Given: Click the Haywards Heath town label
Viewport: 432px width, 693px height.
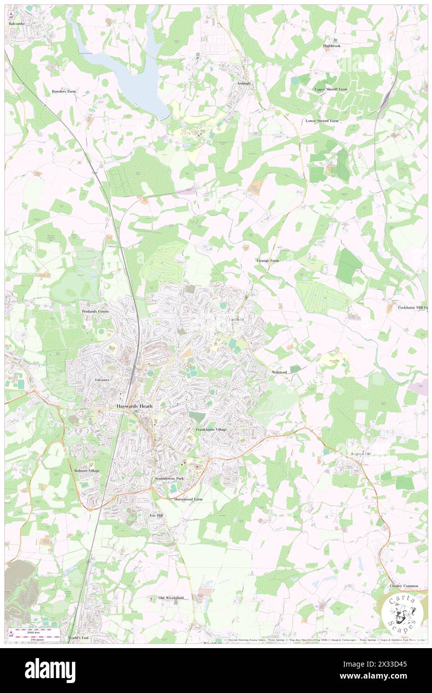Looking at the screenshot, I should click(134, 406).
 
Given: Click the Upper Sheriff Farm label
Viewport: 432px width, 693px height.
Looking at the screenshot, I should click(330, 89).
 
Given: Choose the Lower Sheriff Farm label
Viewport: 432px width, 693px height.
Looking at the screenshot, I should click(322, 121).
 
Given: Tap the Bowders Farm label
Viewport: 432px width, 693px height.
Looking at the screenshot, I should click(64, 92).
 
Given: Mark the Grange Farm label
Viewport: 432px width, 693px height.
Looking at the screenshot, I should click(267, 261).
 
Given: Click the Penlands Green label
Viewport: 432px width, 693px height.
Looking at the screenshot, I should click(95, 311).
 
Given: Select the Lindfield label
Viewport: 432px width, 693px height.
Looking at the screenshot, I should click(236, 319).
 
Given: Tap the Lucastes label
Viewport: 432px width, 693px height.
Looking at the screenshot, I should click(102, 379).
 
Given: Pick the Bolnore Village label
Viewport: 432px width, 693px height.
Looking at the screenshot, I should click(87, 471).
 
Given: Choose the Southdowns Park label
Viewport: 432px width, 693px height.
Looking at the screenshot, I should click(169, 479).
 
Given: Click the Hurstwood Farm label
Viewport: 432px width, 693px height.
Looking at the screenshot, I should click(188, 499).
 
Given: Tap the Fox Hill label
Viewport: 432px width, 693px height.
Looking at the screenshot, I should click(157, 515).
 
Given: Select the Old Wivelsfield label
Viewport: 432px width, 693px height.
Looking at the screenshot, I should click(171, 598).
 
